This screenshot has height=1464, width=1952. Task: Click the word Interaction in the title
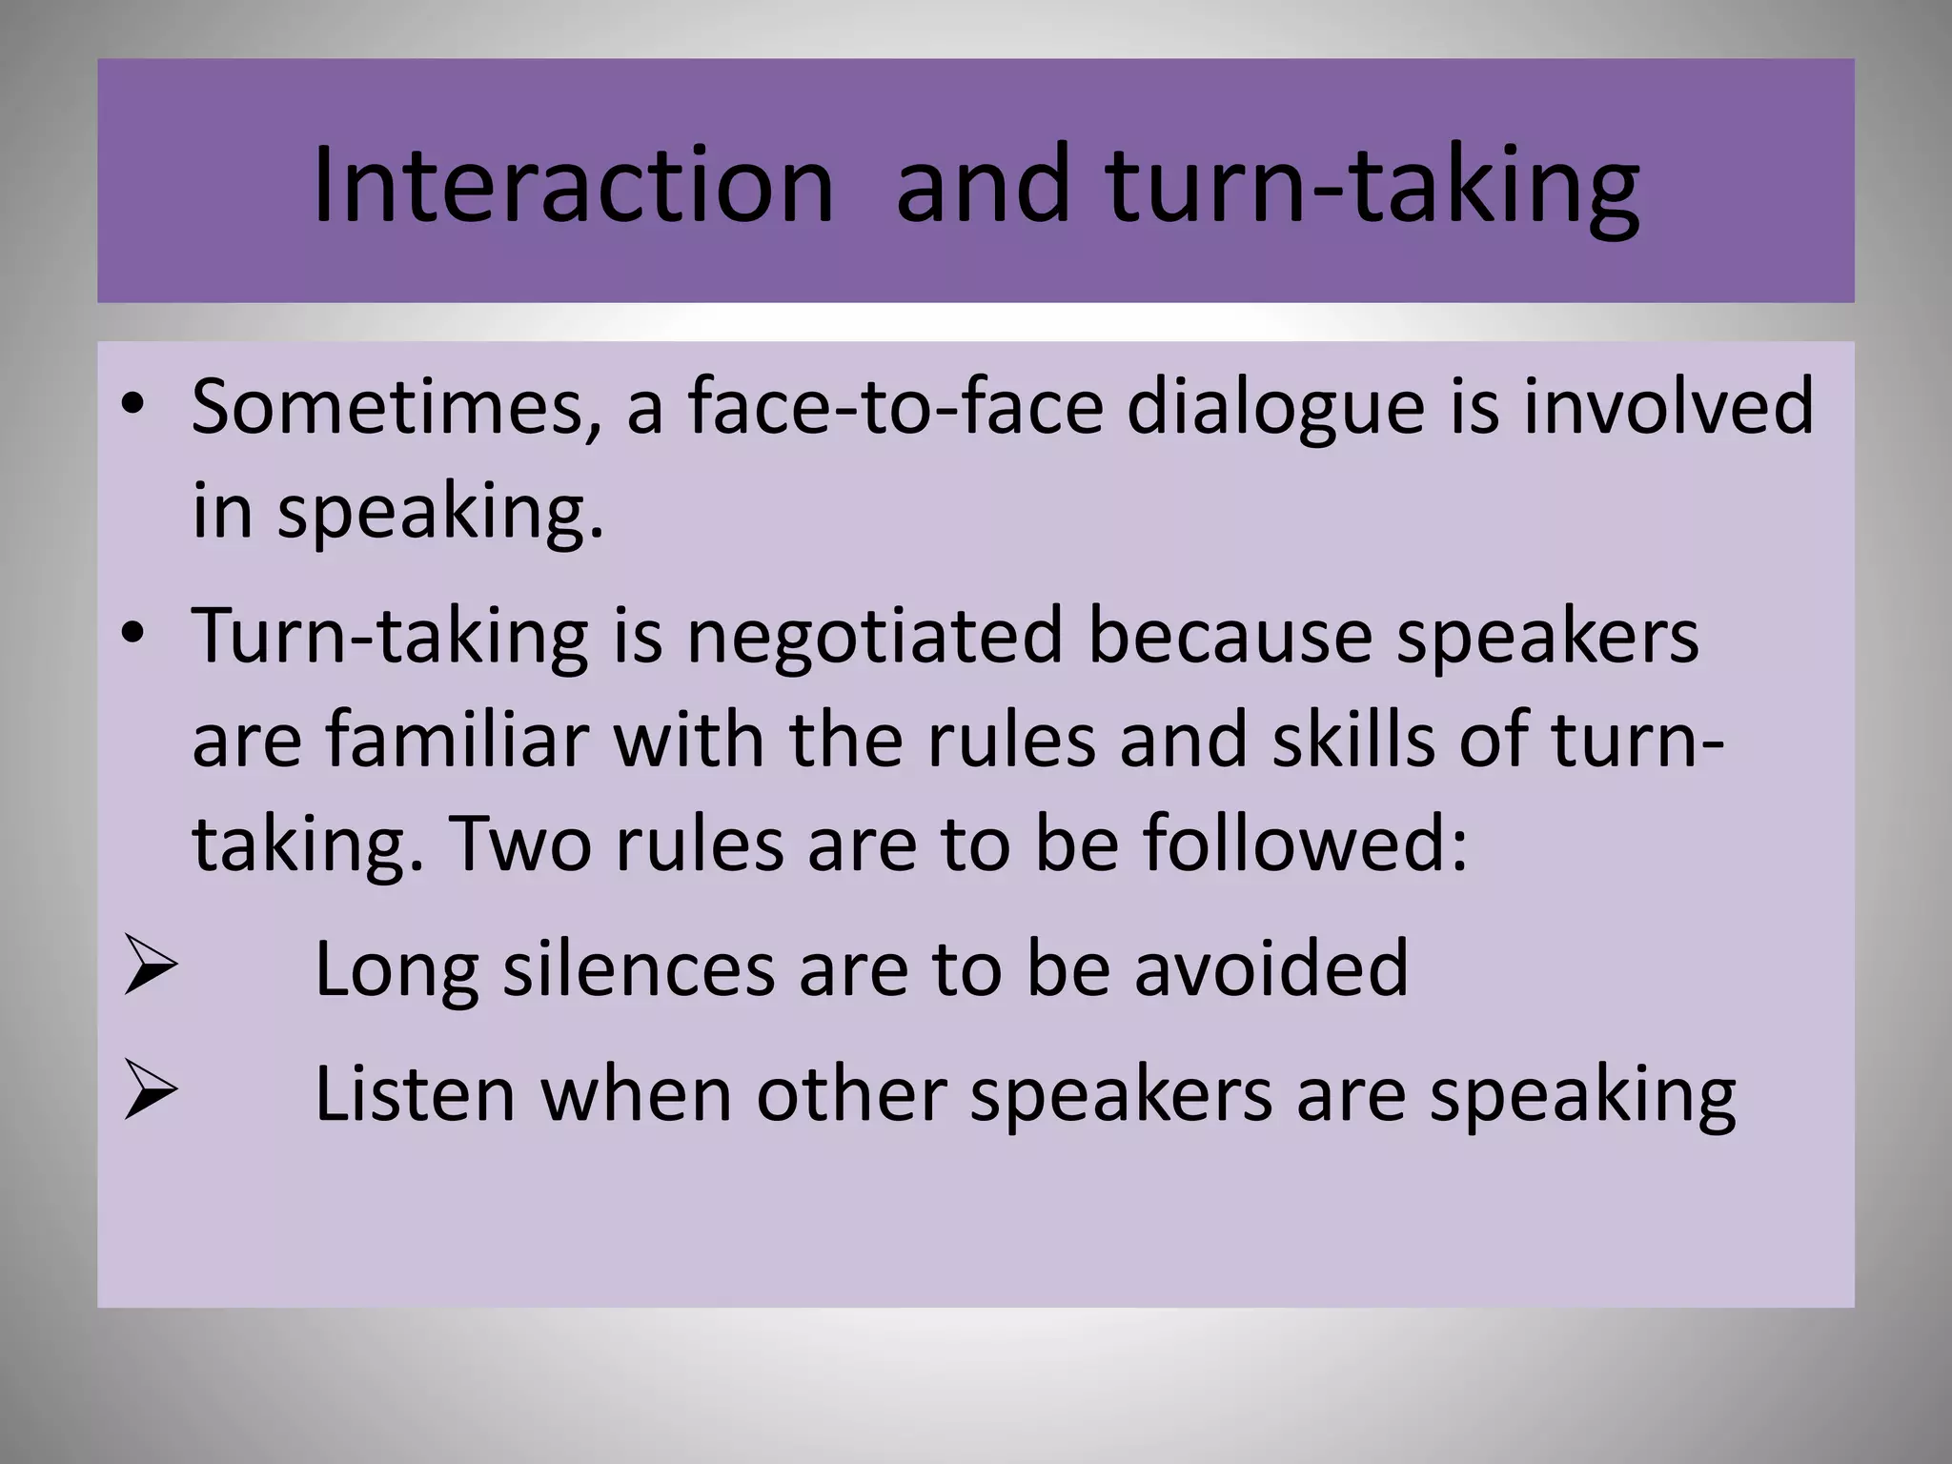tap(573, 186)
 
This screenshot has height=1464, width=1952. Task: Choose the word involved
tap(1668, 408)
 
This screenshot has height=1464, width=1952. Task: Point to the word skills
tap(1352, 741)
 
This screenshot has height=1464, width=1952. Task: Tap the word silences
tap(639, 969)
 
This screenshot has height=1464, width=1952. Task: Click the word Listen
tap(416, 1094)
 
